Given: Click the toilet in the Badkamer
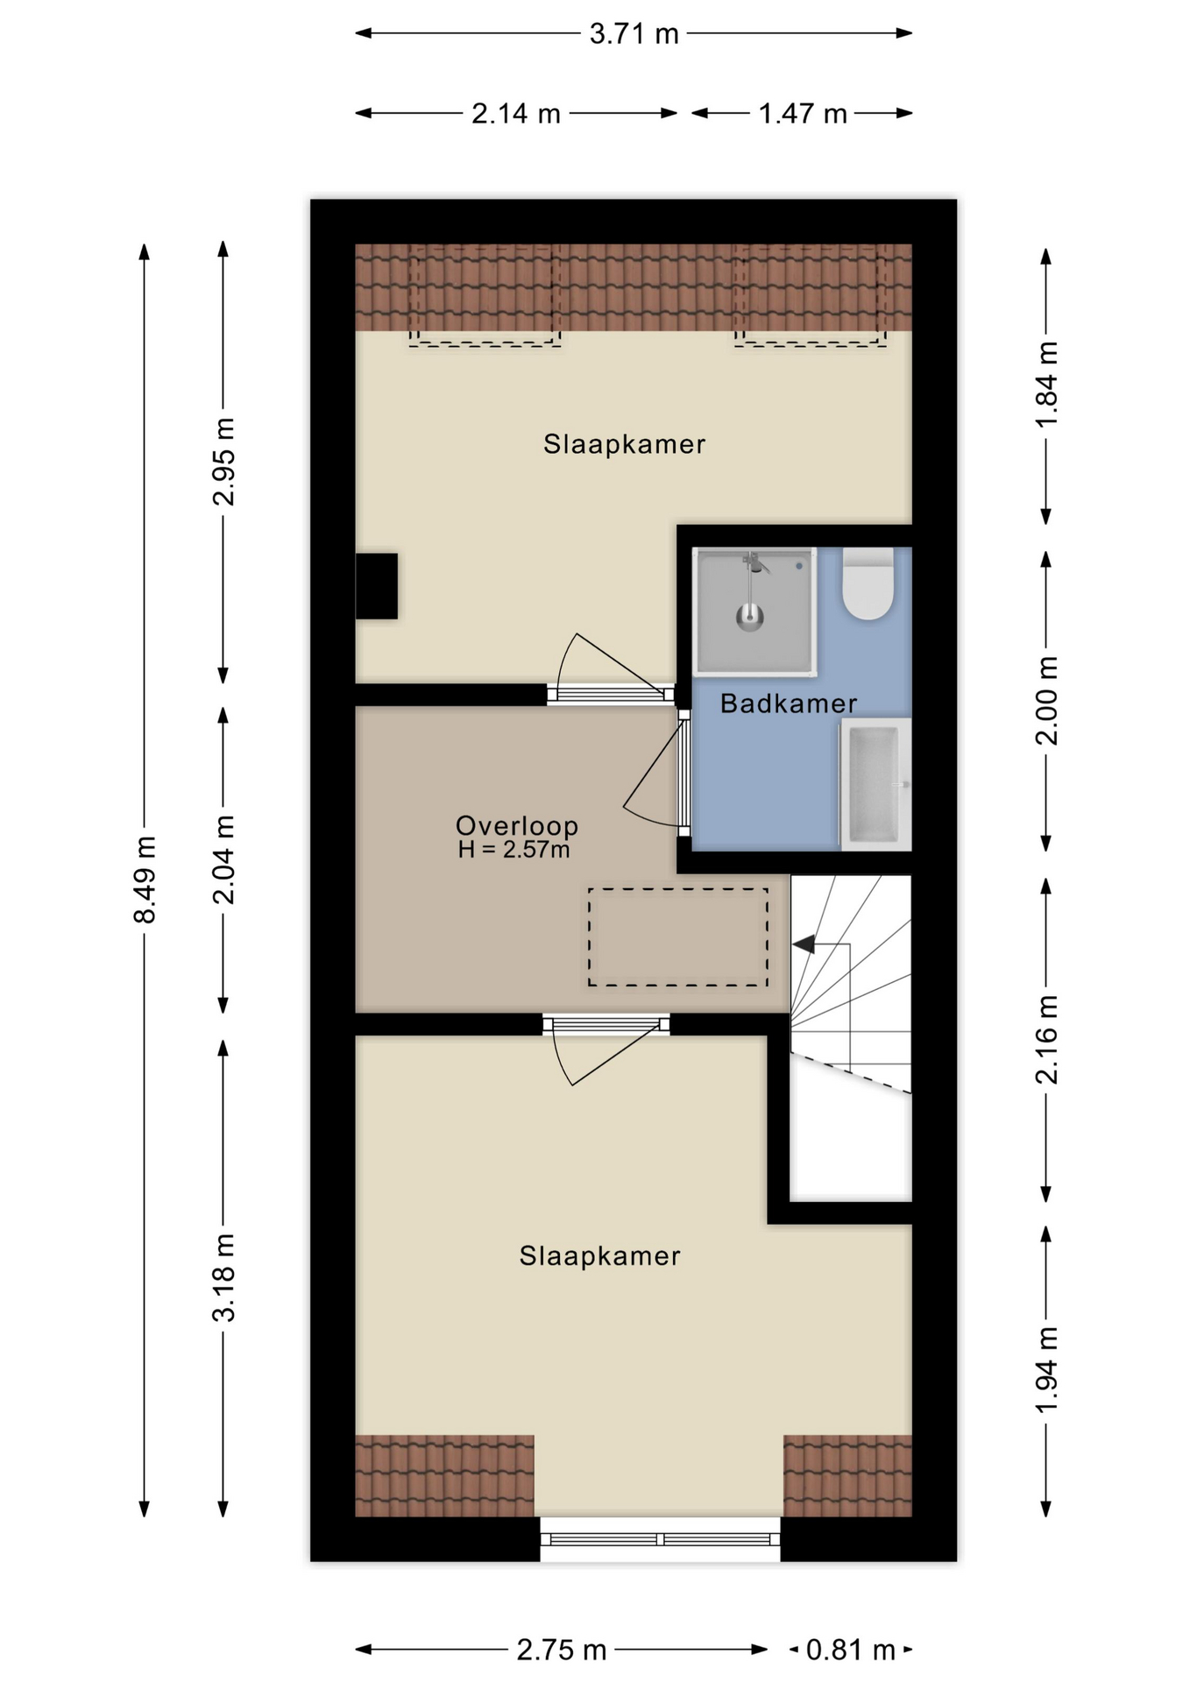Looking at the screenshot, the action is (868, 583).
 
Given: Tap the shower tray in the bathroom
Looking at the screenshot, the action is (754, 611).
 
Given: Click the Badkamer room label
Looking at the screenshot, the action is (788, 703).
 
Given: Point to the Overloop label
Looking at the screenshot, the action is (517, 825).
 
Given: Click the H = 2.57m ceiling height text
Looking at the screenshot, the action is (514, 849).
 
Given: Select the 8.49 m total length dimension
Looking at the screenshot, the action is (145, 880).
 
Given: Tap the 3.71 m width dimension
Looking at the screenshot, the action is (634, 34).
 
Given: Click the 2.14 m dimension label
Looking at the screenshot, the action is (516, 114).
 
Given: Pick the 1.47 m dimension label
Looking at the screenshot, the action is (803, 114).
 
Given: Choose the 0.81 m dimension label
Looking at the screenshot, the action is (850, 1650).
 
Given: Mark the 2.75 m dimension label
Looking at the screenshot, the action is (562, 1650).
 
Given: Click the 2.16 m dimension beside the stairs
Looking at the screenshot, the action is (1046, 1040).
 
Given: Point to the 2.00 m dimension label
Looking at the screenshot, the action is (1046, 701).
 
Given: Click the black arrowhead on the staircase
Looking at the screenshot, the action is (804, 944).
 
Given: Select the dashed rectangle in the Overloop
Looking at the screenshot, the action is (678, 937).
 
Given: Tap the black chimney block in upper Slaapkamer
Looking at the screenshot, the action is (376, 586).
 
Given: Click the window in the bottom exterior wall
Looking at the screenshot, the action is (660, 1539).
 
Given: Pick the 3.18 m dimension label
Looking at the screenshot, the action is (223, 1277).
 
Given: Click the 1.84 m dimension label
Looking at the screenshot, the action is (1046, 384).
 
